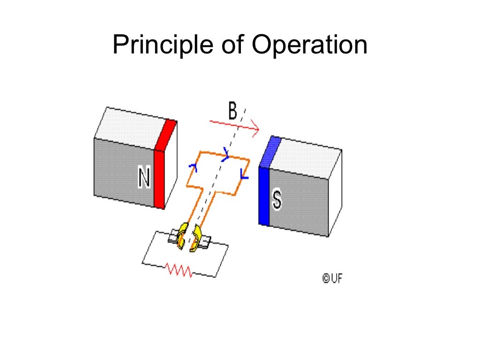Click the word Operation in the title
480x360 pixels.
pos(309,45)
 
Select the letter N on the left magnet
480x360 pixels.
pos(144,178)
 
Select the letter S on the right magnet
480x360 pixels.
pos(277,200)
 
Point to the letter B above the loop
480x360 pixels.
pos(233,112)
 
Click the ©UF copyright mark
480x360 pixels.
pos(332,278)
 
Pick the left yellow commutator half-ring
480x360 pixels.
pos(182,236)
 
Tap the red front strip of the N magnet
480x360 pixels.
pos(159,178)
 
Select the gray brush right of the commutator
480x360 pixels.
pos(205,241)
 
